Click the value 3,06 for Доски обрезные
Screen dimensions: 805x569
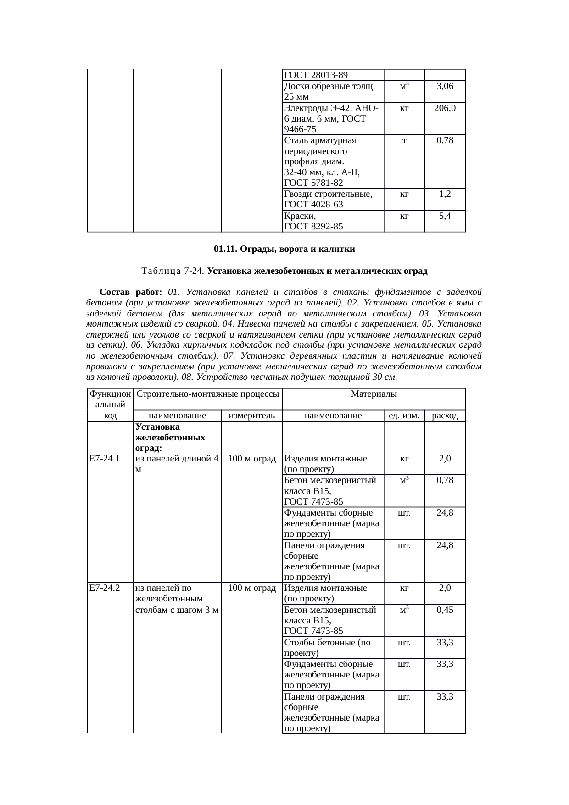click(x=445, y=86)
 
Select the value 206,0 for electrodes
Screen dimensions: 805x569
click(x=445, y=108)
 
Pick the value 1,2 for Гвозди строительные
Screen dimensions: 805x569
click(x=445, y=194)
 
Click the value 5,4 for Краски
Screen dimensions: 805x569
click(x=445, y=216)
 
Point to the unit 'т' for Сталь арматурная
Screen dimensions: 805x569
click(x=404, y=140)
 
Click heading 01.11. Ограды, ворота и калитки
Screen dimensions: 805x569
click(x=284, y=249)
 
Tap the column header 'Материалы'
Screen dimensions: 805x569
click(x=374, y=394)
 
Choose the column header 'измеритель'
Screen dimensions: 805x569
click(x=251, y=416)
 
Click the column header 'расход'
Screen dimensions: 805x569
click(x=445, y=416)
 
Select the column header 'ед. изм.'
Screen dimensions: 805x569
click(x=404, y=416)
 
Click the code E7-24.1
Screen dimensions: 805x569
click(x=105, y=458)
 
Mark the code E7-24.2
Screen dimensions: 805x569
click(x=105, y=588)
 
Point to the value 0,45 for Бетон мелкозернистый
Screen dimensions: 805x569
click(x=445, y=610)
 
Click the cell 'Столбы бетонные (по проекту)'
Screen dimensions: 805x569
click(x=327, y=647)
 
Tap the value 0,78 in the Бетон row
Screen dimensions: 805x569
click(x=445, y=480)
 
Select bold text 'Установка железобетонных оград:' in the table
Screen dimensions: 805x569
click(x=170, y=437)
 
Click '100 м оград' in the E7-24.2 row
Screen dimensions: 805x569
click(x=251, y=588)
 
